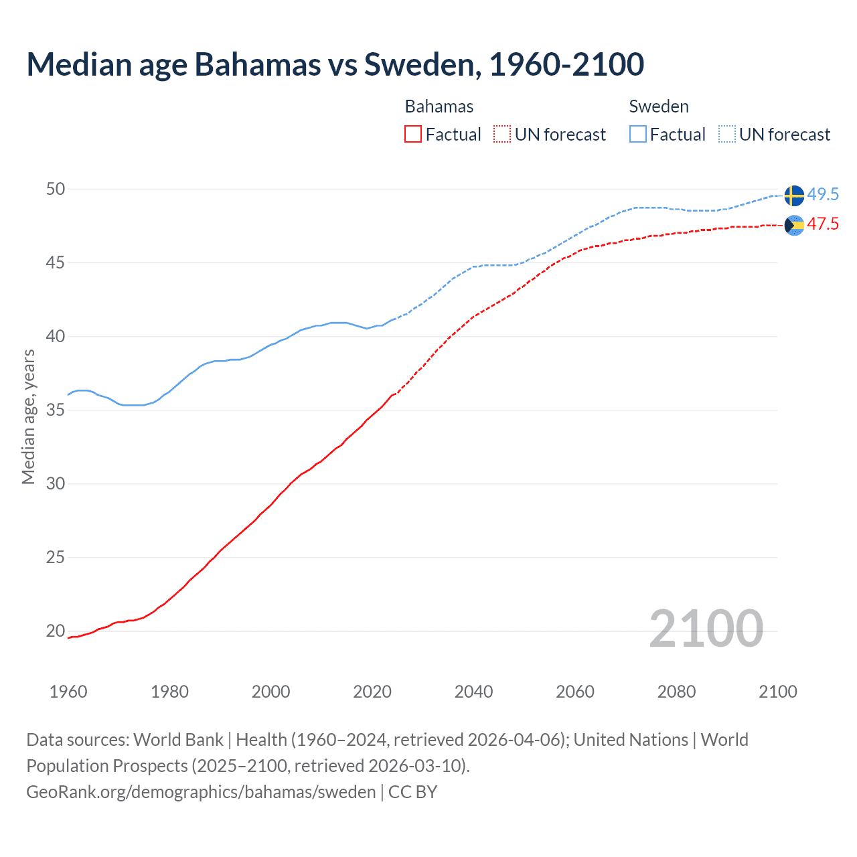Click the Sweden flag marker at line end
794,196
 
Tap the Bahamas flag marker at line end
794,226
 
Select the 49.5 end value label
823,195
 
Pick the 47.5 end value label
823,224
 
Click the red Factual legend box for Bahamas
413,135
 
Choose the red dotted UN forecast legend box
502,135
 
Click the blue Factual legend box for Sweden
638,135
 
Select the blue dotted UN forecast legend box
727,135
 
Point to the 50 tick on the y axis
56,189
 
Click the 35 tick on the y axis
56,410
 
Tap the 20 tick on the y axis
56,631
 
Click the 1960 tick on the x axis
68,692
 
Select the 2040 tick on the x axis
473,692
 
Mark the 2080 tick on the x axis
676,692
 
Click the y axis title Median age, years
28,416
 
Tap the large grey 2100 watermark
706,629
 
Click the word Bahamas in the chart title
257,64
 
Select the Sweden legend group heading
659,107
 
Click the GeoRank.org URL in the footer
201,792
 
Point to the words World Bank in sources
178,740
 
